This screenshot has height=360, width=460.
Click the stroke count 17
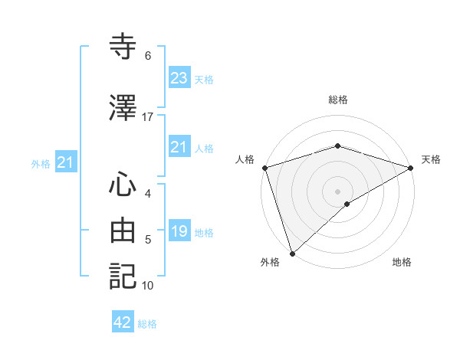click(148, 117)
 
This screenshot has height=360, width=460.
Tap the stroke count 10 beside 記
click(148, 286)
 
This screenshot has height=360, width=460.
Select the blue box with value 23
click(179, 78)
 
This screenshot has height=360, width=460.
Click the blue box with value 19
click(179, 231)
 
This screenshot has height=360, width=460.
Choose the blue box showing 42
click(123, 322)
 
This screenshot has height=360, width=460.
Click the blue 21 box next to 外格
click(65, 162)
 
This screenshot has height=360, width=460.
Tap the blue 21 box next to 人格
click(179, 147)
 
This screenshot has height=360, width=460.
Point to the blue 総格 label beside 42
click(147, 324)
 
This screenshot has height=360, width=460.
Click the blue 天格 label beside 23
click(204, 80)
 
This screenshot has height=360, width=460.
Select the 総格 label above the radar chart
click(338, 100)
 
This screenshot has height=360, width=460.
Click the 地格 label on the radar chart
click(402, 262)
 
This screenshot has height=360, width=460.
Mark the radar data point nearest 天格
click(411, 168)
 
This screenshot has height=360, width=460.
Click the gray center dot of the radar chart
click(338, 191)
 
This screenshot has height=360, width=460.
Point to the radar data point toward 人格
click(264, 168)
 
